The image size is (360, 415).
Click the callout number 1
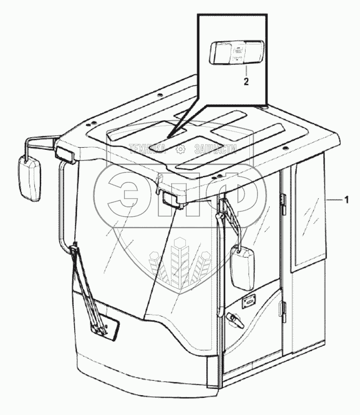pyautogui.click(x=347, y=200)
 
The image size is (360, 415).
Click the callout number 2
pyautogui.click(x=246, y=82)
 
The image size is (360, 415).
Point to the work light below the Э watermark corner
pyautogui.click(x=173, y=200)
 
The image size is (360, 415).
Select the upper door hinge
pyautogui.click(x=283, y=202)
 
